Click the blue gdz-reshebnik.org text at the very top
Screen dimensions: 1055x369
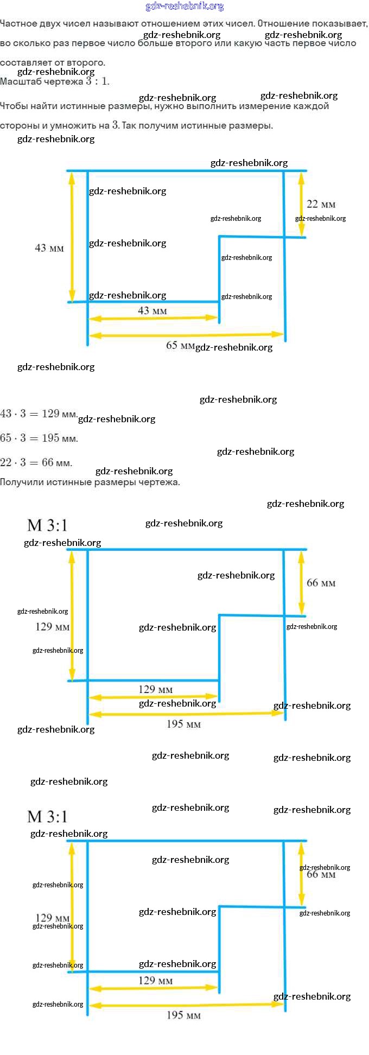184,7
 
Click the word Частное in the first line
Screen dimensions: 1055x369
18,24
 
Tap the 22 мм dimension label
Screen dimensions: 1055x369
321,205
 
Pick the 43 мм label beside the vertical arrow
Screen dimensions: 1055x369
49,248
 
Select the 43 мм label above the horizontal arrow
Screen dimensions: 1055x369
152,311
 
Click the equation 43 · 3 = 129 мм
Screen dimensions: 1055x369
39,414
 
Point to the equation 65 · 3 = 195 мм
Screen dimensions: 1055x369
39,438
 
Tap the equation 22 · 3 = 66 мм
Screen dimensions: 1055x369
36,462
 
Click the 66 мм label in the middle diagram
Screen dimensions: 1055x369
321,583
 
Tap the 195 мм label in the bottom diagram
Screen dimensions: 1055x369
183,1015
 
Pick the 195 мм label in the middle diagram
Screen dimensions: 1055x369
183,724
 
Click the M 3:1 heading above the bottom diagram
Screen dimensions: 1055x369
47,817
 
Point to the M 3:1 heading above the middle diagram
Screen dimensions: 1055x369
47,525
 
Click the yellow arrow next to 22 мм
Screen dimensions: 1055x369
302,204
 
